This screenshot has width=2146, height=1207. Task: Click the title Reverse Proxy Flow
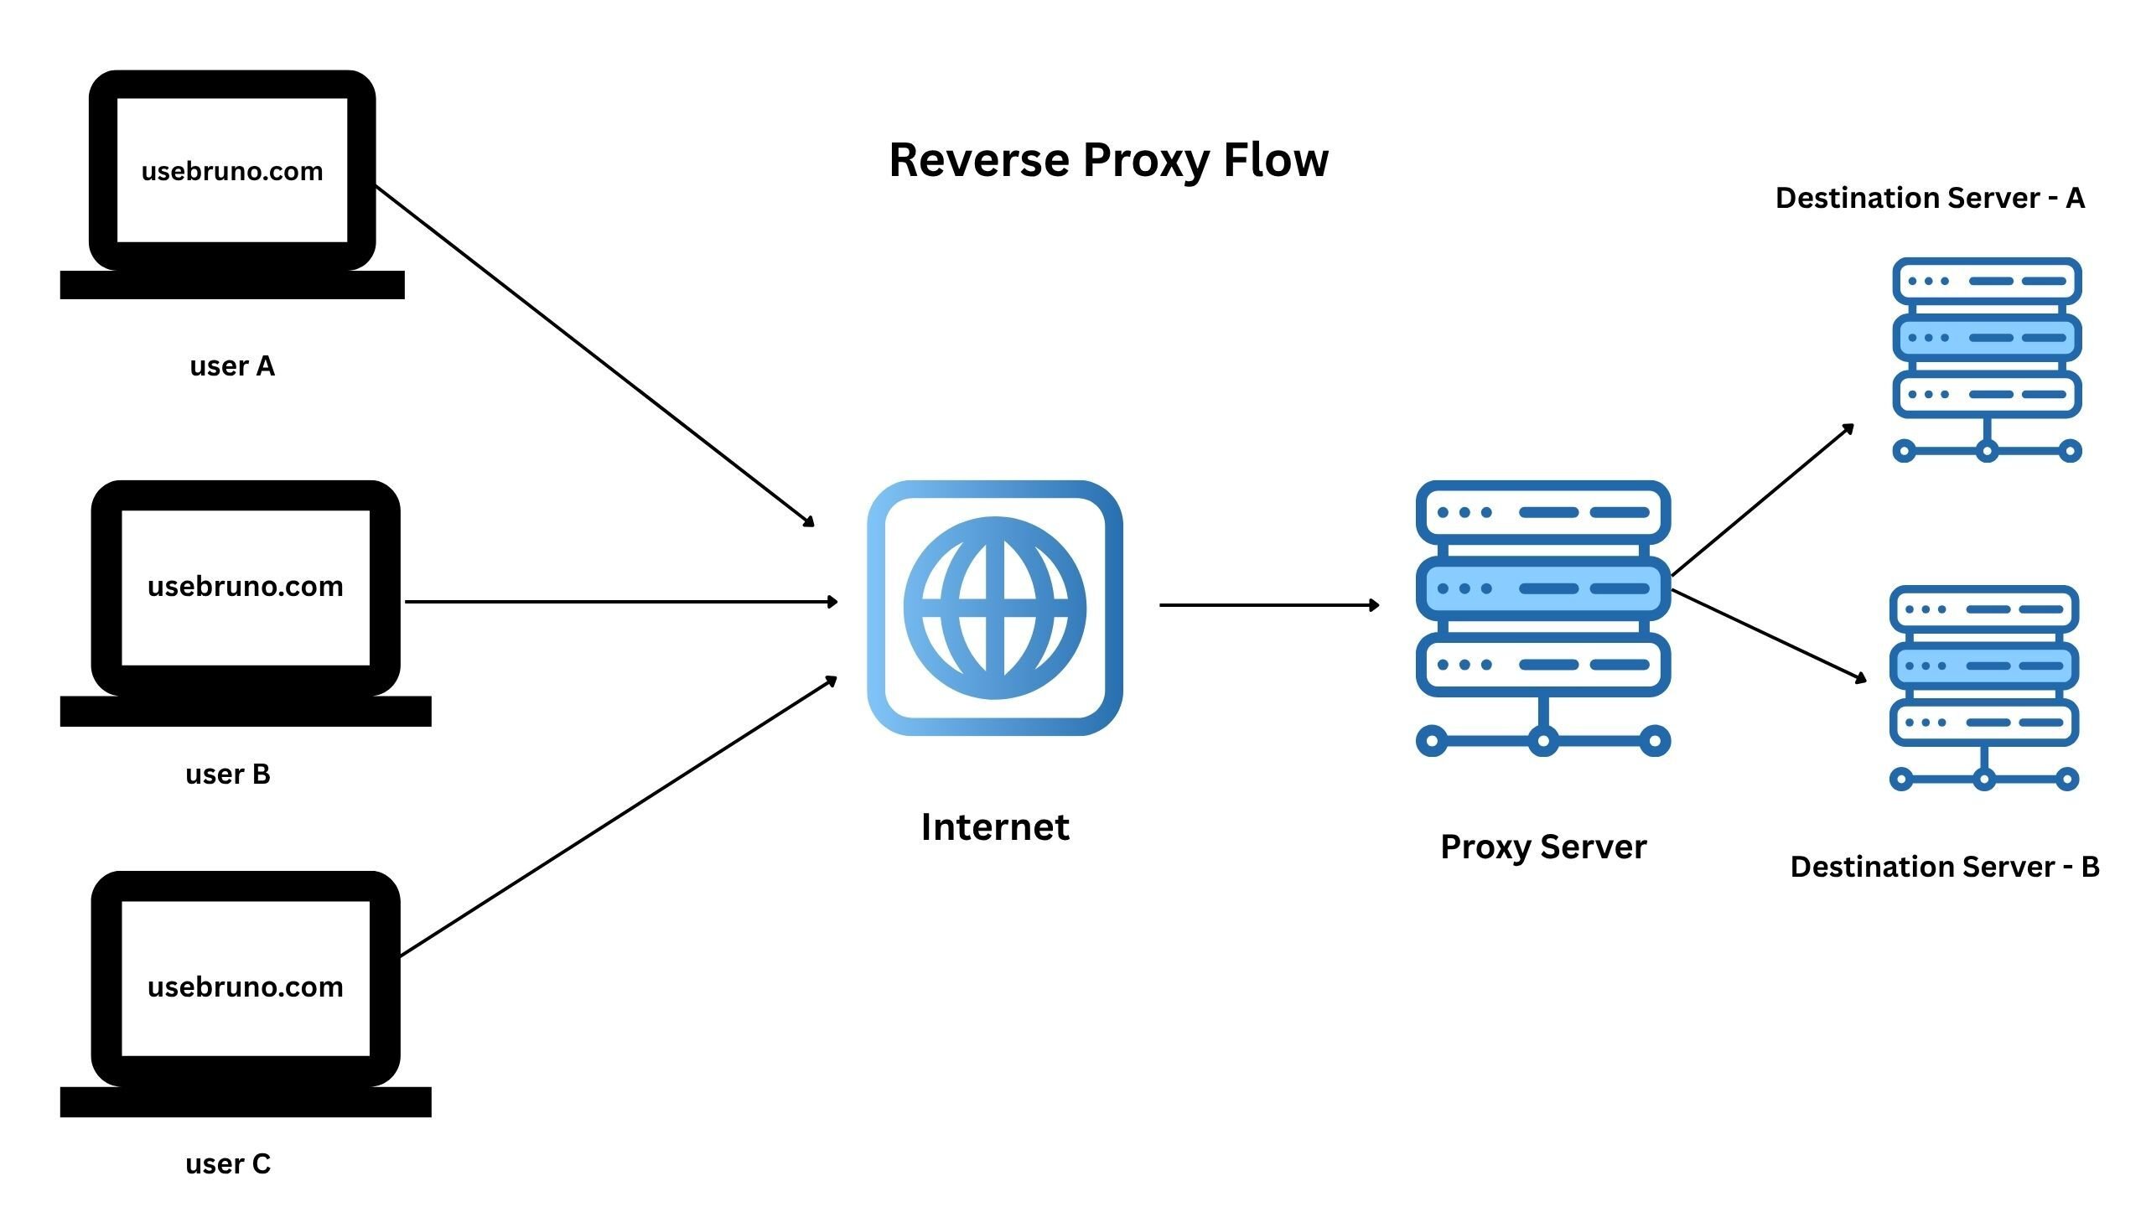(1108, 160)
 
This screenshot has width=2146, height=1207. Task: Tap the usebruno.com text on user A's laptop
(232, 171)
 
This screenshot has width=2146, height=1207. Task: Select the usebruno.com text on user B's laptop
(245, 586)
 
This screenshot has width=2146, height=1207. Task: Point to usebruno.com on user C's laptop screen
(245, 987)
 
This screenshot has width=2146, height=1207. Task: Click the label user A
(232, 366)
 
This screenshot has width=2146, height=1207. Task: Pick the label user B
(228, 774)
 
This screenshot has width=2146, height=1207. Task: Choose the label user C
(228, 1163)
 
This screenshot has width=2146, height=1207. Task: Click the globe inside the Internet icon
(995, 608)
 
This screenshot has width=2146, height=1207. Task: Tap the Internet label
(995, 827)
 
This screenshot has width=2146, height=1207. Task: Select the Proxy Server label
(1543, 847)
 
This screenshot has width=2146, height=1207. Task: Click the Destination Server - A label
(1930, 198)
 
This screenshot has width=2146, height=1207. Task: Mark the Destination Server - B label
(1945, 866)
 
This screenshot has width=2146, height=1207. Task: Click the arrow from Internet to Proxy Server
(1267, 604)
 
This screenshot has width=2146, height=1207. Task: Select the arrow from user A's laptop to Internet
(594, 355)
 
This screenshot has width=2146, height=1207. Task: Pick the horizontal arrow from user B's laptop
(620, 602)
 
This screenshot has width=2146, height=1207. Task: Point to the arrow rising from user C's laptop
(619, 816)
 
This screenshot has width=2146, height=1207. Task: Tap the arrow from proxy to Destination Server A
(1762, 501)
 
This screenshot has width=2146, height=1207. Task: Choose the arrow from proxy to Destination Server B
(1769, 635)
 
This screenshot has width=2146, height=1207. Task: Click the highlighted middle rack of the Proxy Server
(1543, 588)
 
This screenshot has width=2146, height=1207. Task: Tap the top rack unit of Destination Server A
(1987, 281)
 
